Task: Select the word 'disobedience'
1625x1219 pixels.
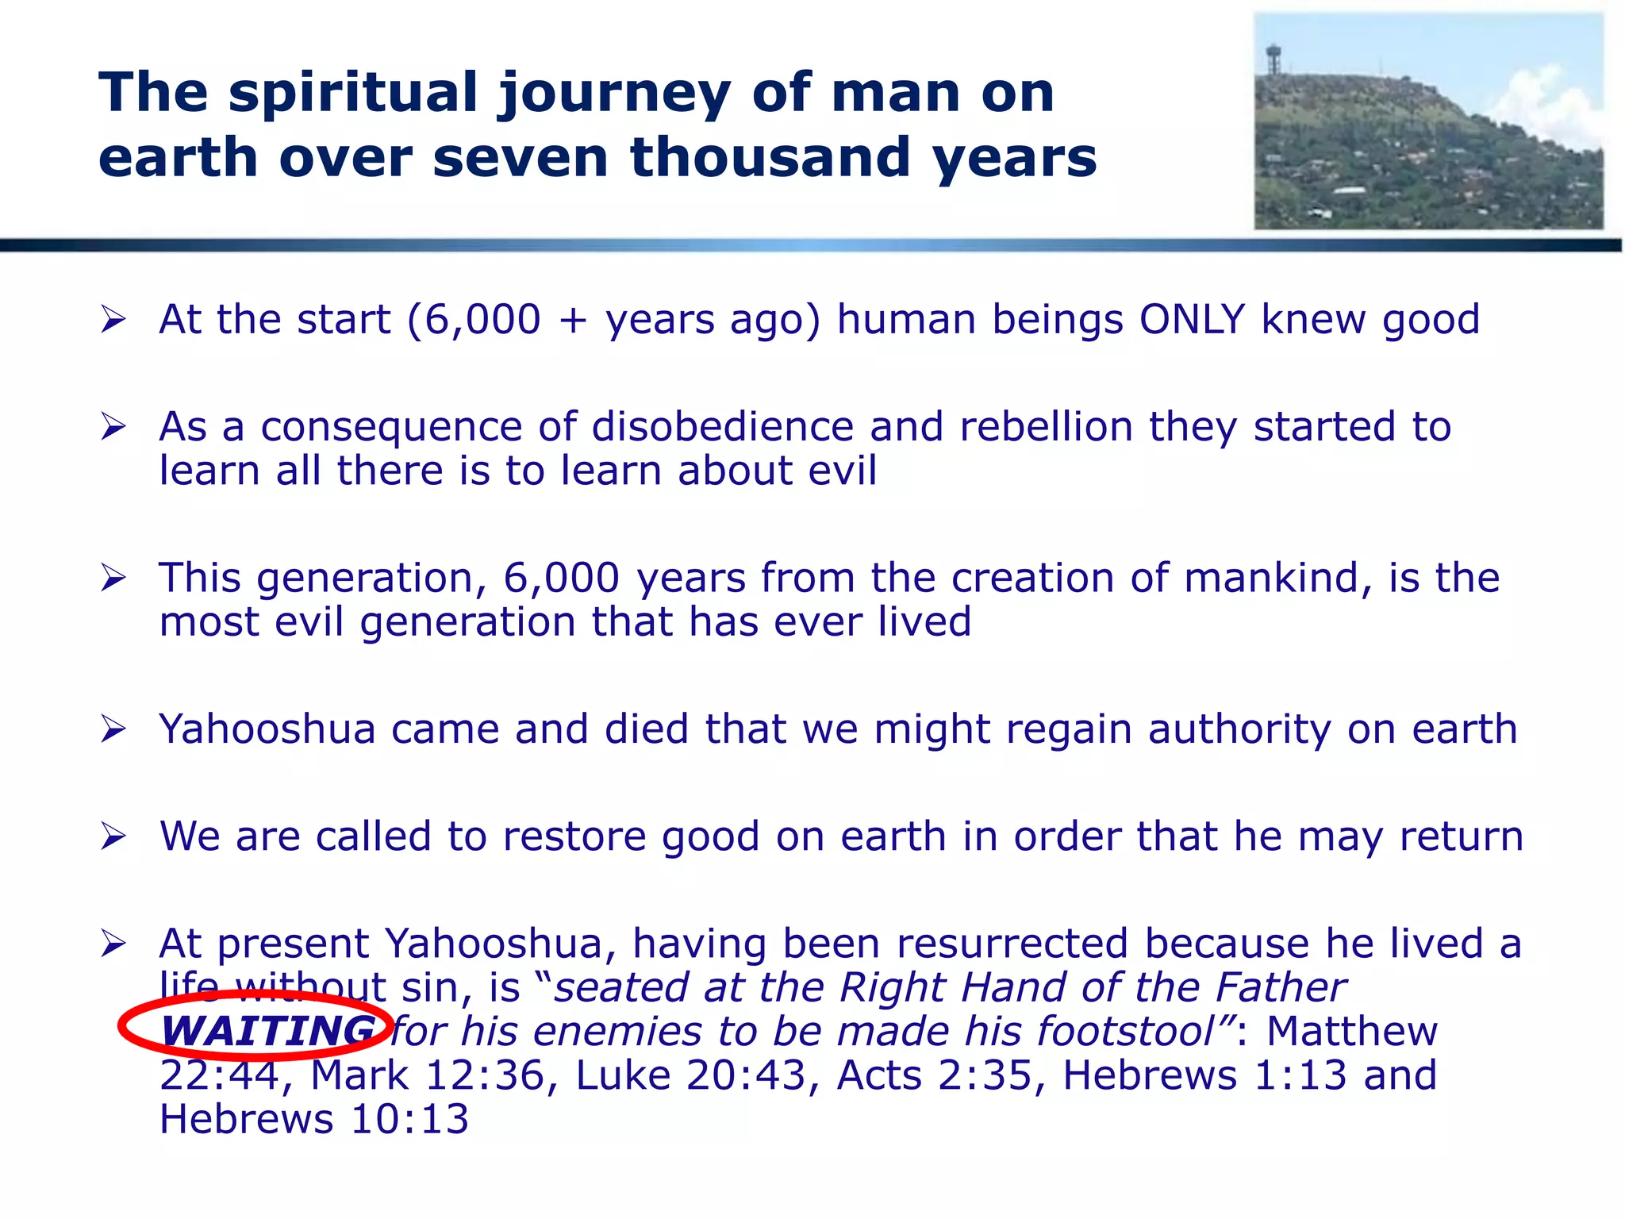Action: tap(722, 427)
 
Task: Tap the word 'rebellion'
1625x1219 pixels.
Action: tap(1046, 427)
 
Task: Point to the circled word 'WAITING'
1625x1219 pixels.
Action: tap(268, 1031)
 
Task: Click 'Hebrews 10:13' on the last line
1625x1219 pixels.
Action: tap(314, 1119)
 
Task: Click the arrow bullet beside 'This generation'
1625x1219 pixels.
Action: tap(113, 578)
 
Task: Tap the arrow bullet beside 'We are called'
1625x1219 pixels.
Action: tap(113, 836)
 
